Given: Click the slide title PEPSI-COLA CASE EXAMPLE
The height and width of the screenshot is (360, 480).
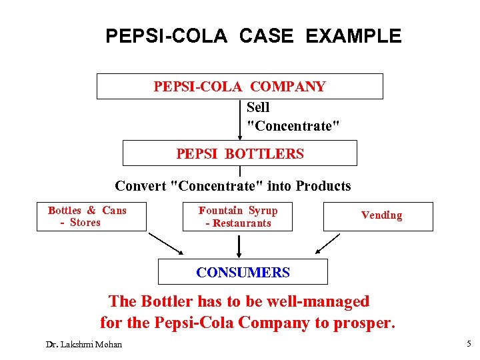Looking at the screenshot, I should (253, 35).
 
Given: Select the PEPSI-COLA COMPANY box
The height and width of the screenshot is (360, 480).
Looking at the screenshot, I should (239, 87).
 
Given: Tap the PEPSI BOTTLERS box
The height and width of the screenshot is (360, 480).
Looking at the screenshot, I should (239, 153).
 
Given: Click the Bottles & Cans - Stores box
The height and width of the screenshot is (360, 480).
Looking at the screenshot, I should (91, 217).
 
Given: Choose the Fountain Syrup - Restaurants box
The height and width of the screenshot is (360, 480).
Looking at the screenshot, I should (237, 217).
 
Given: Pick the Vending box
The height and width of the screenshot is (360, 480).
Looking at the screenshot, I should (378, 216).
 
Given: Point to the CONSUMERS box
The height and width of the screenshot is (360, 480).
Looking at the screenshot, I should (243, 272).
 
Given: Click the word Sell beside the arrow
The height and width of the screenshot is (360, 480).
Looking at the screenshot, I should (258, 107).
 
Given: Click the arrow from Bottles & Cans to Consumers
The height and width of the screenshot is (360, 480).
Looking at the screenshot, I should (165, 243).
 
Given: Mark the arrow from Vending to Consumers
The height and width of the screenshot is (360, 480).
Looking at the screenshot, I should (328, 243).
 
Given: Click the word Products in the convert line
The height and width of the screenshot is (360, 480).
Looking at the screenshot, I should (323, 186).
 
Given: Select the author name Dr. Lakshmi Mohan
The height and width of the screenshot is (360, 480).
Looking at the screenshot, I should (79, 345).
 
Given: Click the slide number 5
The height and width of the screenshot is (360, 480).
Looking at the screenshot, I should (467, 344).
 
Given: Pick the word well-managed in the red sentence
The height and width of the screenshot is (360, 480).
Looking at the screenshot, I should (318, 301).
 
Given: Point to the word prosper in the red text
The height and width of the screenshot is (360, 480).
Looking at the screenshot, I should (365, 323).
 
